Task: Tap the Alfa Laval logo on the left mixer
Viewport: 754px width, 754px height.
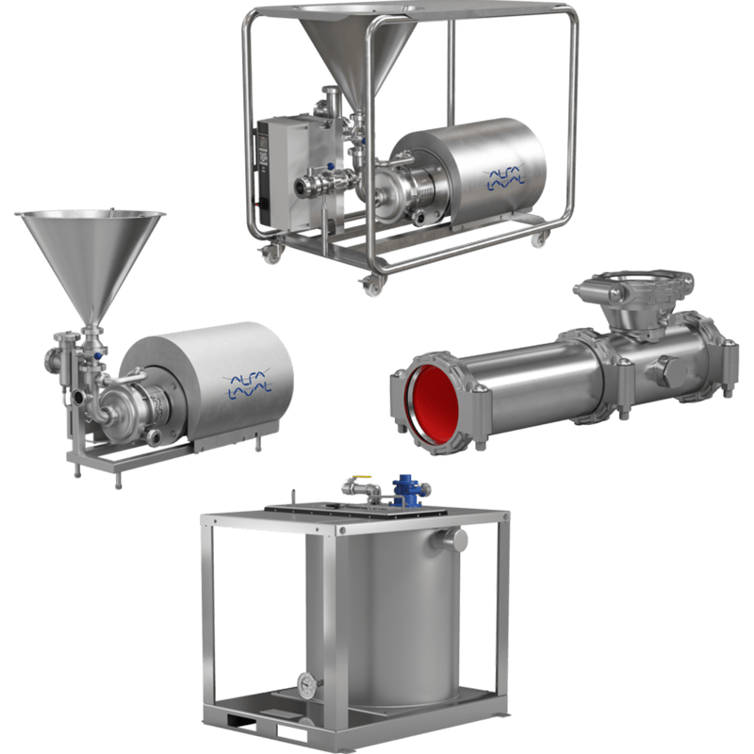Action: pos(247,383)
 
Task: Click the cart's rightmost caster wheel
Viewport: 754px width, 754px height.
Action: pos(538,239)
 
